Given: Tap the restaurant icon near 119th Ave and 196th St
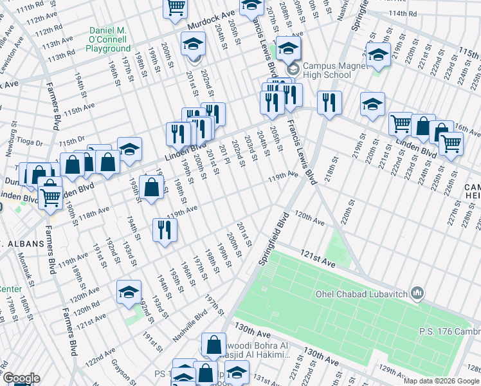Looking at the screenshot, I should pyautogui.click(x=165, y=230).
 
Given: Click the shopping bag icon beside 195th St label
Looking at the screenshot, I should pyautogui.click(x=151, y=189).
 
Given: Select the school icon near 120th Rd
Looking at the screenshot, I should pyautogui.click(x=129, y=291).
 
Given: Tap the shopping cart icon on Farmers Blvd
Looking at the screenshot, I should pyautogui.click(x=50, y=194).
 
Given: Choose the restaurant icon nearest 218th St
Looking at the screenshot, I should pyautogui.click(x=329, y=103).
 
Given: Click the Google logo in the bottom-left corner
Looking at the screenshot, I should pyautogui.click(x=21, y=378).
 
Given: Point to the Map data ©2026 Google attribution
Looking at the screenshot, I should pyautogui.click(x=441, y=381).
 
